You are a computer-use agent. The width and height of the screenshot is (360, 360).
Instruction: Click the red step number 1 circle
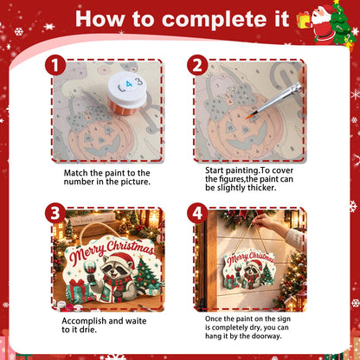pos(55,66)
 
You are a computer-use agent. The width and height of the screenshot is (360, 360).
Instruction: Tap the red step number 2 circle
pos(197,66)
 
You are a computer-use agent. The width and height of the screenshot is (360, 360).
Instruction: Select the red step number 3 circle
pos(55,213)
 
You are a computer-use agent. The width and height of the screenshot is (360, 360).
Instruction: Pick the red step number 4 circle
pos(197,213)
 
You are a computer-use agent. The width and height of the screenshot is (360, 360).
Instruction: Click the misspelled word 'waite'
pos(136,321)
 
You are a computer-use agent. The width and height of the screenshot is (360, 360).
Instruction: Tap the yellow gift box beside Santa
pos(303,20)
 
